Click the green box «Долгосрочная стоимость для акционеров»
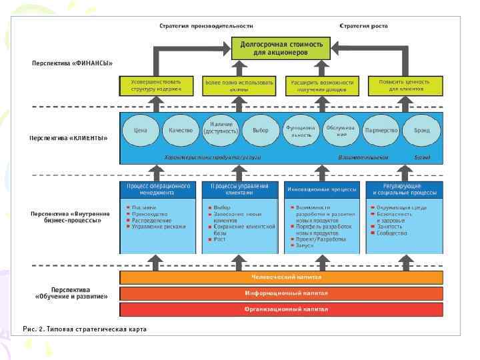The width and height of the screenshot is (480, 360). point(281,49)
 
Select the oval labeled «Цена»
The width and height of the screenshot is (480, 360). point(141,131)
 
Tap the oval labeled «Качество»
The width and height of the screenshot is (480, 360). point(181,131)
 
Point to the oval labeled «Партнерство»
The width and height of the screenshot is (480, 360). point(381,131)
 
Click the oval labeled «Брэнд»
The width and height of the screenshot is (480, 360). point(421,131)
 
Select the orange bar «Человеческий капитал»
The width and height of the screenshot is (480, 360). point(281,277)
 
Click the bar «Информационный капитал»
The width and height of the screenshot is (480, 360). point(281,293)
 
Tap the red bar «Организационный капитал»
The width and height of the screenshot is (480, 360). point(281,309)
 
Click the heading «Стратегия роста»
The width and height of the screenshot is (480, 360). point(363,26)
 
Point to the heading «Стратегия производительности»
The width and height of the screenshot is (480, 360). point(206,26)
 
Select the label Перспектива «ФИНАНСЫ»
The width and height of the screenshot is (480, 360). point(72,63)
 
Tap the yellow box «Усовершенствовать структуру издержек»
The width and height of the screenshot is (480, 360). point(157,85)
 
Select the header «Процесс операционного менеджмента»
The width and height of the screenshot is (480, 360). point(158,189)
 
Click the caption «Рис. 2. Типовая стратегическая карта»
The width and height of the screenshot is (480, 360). point(84,329)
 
